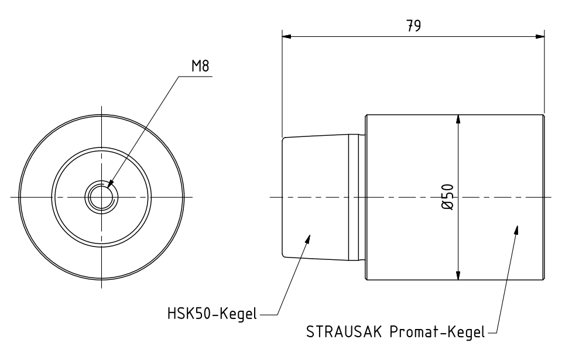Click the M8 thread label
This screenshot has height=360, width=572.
tap(200, 65)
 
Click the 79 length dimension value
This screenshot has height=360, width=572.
tap(413, 26)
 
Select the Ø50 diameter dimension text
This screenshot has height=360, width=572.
tap(448, 197)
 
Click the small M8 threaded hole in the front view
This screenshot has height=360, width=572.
tap(101, 197)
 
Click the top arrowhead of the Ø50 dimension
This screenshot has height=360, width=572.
tap(458, 118)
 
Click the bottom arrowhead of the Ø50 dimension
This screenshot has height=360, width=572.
tap(458, 276)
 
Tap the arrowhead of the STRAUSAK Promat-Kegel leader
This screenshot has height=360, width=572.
tap(516, 229)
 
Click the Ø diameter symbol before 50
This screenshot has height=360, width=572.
tap(448, 206)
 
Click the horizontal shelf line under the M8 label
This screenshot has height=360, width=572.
tap(196, 75)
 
